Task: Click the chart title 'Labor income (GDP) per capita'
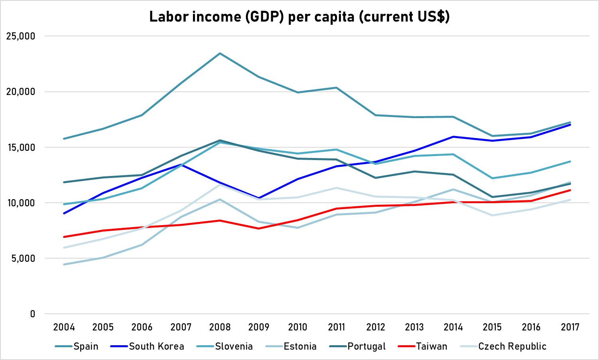point(299,17)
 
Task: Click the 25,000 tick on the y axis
point(21,36)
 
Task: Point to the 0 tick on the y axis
point(33,314)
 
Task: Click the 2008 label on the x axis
point(220,327)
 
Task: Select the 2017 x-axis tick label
point(570,327)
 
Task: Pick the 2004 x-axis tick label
point(64,327)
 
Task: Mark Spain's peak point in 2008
point(220,53)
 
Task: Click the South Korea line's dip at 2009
point(259,198)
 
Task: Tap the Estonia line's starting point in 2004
point(64,264)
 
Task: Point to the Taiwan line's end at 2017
point(570,190)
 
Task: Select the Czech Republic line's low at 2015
point(492,215)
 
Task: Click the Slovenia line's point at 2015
point(492,178)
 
